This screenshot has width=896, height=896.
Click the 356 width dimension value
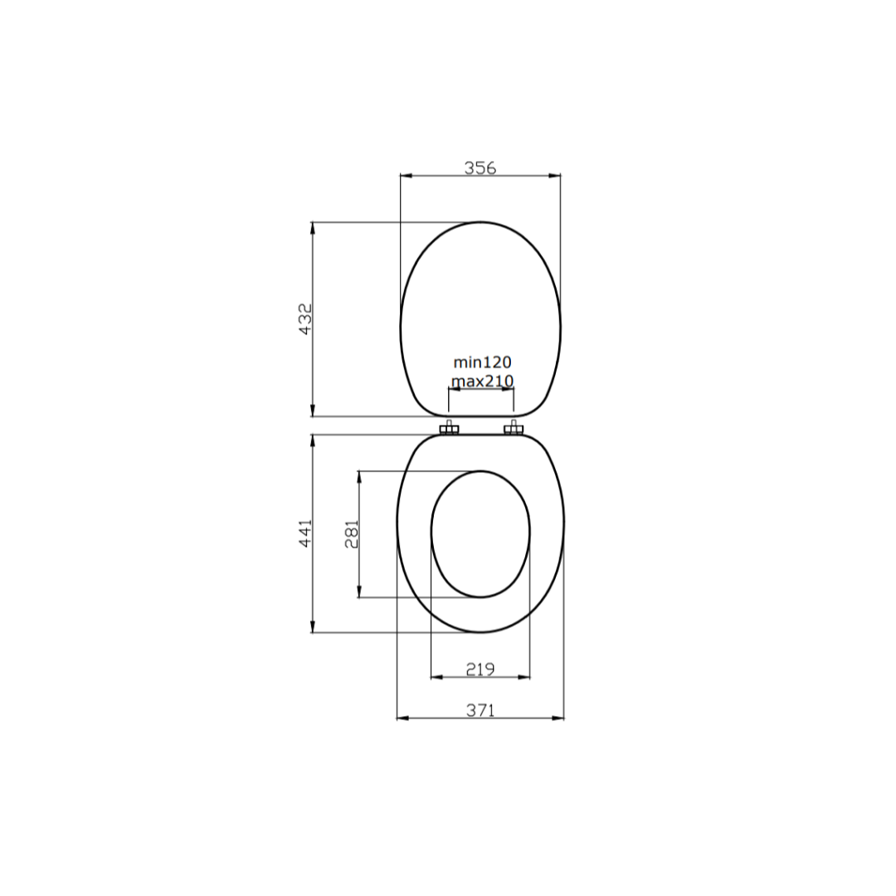(x=480, y=168)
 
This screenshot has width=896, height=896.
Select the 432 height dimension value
(x=305, y=319)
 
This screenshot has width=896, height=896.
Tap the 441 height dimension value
(x=305, y=533)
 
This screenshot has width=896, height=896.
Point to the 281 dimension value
(x=352, y=534)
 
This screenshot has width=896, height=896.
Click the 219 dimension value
(x=480, y=669)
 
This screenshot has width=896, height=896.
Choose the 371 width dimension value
(x=480, y=710)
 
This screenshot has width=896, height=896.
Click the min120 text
(x=482, y=363)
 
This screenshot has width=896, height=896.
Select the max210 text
(x=482, y=381)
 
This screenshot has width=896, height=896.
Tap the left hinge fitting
(x=449, y=429)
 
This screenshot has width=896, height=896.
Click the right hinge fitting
(x=514, y=429)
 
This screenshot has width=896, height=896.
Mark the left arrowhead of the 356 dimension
(x=405, y=176)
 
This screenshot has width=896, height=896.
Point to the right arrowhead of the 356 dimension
(x=556, y=176)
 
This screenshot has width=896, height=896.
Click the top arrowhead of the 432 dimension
(x=313, y=226)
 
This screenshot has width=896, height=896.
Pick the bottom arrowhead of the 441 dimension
(x=313, y=628)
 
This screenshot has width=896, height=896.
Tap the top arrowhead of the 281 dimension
(x=359, y=476)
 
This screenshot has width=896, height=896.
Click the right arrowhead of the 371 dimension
(x=559, y=718)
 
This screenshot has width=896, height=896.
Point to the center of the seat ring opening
(x=480, y=533)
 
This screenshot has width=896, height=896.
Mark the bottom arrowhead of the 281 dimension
(x=359, y=592)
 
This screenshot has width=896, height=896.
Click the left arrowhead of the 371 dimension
(x=402, y=718)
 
